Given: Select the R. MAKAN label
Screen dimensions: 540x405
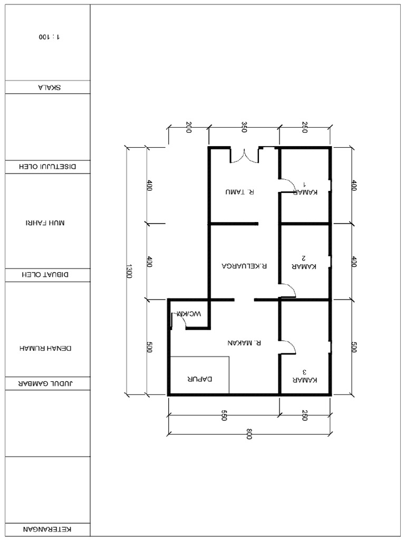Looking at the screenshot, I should point(244,342).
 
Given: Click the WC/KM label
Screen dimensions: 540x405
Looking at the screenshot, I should point(189,314).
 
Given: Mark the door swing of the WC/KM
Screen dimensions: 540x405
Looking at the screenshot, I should point(178,321).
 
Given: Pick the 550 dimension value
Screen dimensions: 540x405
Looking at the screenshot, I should point(224,416).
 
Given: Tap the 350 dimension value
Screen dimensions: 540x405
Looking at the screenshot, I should point(244,127).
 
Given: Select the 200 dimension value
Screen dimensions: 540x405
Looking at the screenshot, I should point(188,127).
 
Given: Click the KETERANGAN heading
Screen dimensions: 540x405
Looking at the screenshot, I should point(47,529).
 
